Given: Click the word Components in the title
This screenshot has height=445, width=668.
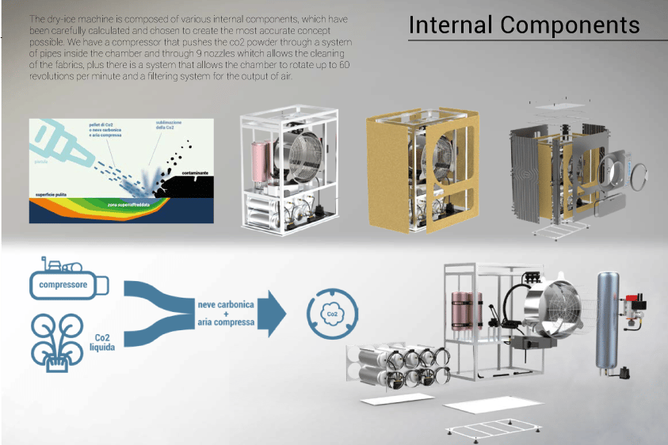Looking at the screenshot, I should tap(571, 25).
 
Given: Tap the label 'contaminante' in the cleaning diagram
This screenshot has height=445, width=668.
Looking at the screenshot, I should tap(193, 170).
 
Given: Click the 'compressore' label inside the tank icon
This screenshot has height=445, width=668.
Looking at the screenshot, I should tap(64, 284).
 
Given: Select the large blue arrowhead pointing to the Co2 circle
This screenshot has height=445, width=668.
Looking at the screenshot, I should tap(274, 311).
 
